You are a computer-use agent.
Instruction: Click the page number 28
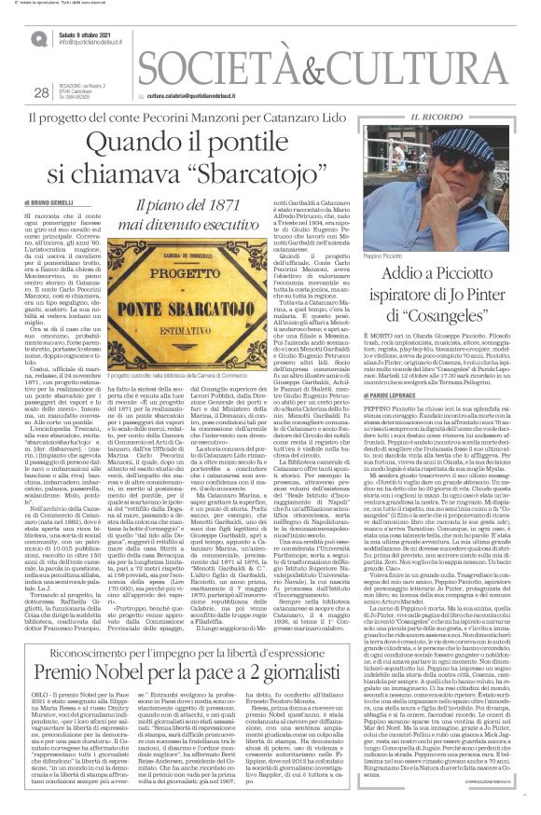tap(40, 91)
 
